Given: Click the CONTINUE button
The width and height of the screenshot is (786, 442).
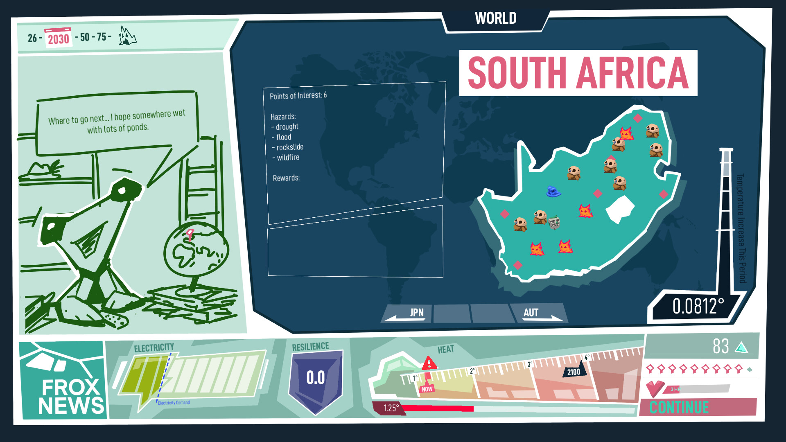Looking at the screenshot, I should point(698,407).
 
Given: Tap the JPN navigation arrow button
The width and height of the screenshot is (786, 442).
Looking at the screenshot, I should point(407,313).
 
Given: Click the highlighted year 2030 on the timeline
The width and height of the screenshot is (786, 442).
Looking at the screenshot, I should point(58,38).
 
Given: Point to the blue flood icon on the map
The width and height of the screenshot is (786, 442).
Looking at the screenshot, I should point(553,191).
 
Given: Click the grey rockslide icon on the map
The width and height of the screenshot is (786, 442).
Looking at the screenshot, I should point(554,222).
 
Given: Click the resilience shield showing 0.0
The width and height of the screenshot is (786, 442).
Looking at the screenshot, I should point(316,379).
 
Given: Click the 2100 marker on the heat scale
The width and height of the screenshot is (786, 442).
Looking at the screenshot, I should point(574,371).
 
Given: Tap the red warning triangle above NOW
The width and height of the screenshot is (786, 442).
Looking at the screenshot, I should point(429,363).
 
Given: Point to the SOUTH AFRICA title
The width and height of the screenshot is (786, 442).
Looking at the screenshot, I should point(578,73).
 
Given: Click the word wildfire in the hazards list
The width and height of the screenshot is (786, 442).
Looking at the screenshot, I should point(288,158).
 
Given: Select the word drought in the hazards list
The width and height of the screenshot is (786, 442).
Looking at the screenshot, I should point(287,127).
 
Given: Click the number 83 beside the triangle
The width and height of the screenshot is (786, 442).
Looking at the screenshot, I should point(720,346).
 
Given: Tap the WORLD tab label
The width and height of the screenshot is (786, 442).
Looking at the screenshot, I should point(495,18).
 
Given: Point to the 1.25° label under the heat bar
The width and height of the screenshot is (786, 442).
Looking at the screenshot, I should point(391,408).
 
